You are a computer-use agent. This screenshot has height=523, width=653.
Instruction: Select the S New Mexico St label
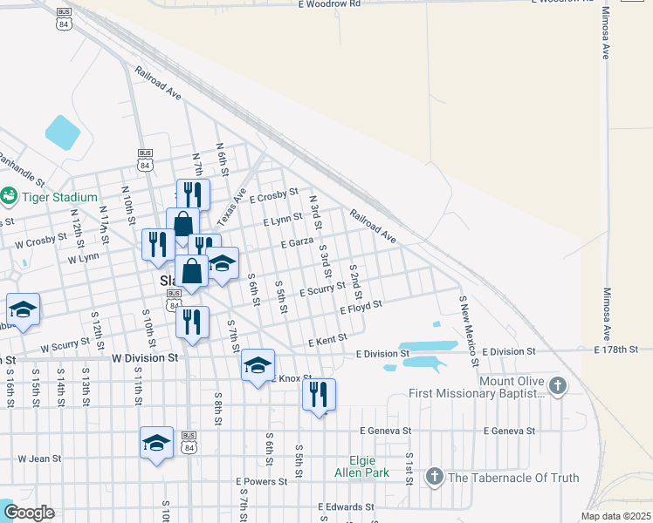click(469, 330)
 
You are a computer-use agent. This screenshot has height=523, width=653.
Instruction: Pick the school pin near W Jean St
click(156, 444)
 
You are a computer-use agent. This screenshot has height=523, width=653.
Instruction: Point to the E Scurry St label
click(322, 289)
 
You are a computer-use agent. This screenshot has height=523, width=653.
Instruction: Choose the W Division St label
click(145, 357)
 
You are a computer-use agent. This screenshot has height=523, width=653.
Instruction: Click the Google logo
click(28, 513)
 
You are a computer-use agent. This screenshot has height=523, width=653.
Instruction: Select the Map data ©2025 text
click(615, 516)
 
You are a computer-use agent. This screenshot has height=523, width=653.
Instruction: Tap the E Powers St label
click(261, 481)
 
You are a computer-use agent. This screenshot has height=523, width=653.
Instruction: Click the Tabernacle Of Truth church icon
click(434, 477)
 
